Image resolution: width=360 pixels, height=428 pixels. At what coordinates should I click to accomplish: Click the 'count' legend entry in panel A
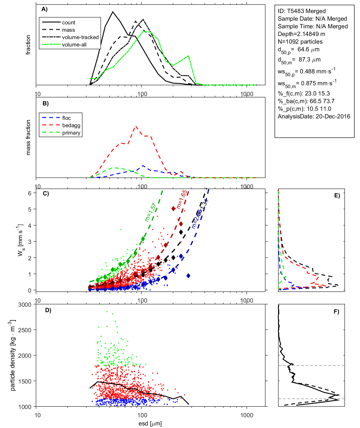(69, 23)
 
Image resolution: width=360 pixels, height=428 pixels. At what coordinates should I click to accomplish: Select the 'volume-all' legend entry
(74, 45)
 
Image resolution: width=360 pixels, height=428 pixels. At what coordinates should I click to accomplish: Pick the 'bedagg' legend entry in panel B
(71, 125)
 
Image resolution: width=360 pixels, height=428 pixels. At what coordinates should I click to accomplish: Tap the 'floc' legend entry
(66, 118)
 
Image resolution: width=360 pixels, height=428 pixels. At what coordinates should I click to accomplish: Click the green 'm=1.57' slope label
(151, 212)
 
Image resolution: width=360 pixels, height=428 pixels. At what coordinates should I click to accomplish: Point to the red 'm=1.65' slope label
(182, 199)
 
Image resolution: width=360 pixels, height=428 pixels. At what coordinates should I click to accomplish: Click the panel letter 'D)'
(48, 310)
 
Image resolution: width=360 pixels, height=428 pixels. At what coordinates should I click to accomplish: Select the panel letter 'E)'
(337, 195)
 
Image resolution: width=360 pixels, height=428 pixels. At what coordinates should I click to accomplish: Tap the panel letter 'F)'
(336, 312)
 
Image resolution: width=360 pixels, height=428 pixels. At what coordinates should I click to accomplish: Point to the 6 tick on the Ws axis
(29, 193)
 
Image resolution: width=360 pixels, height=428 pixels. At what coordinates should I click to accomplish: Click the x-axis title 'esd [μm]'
(150, 424)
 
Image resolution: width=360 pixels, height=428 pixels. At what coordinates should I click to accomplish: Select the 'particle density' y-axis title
(12, 355)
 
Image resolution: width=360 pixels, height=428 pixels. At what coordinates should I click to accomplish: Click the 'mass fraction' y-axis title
(28, 137)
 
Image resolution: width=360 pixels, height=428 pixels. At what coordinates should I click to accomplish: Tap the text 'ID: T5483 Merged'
(302, 11)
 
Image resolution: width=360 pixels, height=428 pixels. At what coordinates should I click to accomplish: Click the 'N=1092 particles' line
(300, 42)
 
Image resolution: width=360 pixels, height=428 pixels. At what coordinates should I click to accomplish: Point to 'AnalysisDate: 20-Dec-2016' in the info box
(314, 116)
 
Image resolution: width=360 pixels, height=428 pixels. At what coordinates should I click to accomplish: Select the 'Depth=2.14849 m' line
(301, 34)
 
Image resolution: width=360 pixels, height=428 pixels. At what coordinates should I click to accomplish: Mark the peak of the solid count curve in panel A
(113, 12)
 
